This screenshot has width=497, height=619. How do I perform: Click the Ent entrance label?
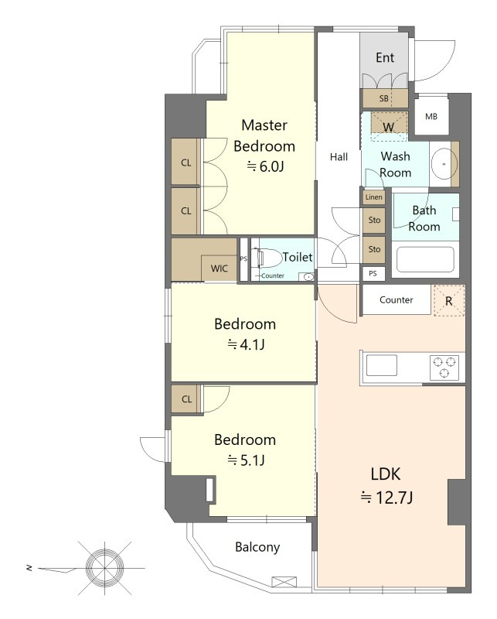[x=385, y=57]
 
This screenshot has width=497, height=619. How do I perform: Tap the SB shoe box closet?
[x=385, y=98]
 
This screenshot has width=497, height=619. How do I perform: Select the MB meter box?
[x=431, y=117]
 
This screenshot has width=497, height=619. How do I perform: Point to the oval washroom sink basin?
[x=444, y=163]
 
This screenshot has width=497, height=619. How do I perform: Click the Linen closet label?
[x=373, y=197]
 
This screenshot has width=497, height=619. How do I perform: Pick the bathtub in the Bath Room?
[x=425, y=259]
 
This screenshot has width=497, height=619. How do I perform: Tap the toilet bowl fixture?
[x=270, y=258]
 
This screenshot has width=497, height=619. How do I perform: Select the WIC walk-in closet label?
[x=220, y=268]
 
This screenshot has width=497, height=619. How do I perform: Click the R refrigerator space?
[x=449, y=301]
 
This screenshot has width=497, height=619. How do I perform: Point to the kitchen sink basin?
[x=381, y=365]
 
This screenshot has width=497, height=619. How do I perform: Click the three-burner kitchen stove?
[x=444, y=367]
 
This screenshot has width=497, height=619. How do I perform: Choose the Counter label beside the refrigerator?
[x=397, y=299]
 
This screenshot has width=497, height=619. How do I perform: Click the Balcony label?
[x=257, y=547]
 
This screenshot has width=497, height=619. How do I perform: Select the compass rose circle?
[x=105, y=568]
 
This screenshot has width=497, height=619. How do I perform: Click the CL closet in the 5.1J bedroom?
[x=186, y=399]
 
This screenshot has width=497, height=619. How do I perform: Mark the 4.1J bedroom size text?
[x=246, y=344]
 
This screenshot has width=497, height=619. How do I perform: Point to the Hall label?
[x=339, y=157]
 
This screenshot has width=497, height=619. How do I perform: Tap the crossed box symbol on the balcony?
[x=284, y=582]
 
